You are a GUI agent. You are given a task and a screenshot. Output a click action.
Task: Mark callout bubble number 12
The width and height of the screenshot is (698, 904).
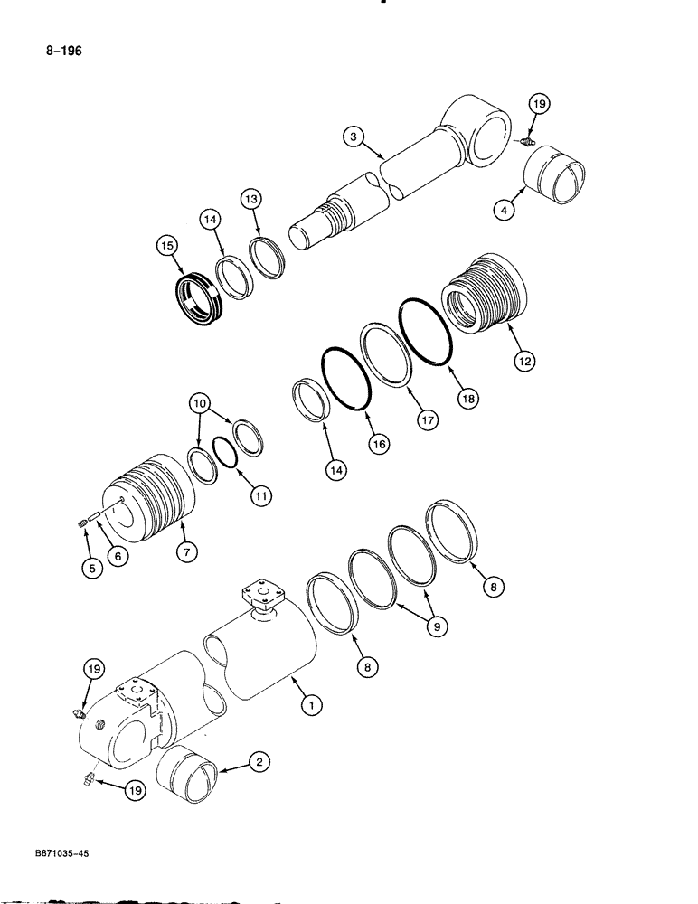[525, 361]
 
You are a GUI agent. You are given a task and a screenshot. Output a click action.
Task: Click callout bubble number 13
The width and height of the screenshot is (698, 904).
[253, 199]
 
